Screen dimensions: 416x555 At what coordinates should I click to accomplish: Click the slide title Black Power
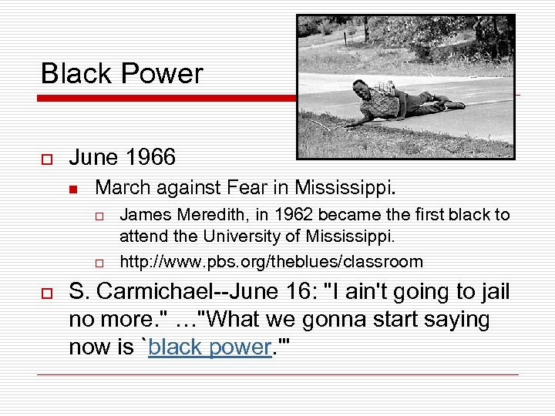point(122,74)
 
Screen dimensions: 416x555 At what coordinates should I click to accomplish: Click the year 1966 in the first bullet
point(150,158)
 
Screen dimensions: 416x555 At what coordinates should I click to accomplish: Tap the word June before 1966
point(93,158)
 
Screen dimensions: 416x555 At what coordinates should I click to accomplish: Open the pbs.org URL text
point(271,262)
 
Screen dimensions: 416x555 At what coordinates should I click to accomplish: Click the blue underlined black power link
point(210,347)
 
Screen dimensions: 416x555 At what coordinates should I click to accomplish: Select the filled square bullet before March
point(74,188)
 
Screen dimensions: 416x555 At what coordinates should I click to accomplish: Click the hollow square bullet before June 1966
point(46,159)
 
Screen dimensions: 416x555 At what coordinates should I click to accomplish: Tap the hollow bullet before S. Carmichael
point(46,293)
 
